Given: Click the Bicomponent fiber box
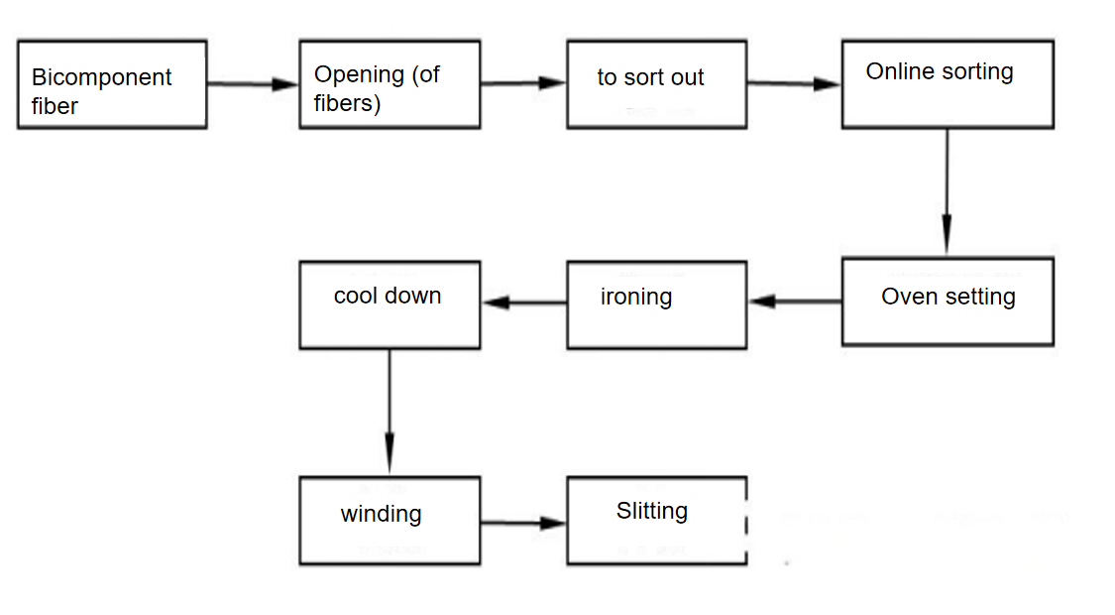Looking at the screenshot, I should (x=112, y=84).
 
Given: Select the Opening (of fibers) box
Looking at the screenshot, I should (x=390, y=84).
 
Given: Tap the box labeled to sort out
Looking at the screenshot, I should (x=656, y=84).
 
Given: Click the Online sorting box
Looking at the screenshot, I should (x=947, y=84).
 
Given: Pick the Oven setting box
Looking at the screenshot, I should (x=947, y=302).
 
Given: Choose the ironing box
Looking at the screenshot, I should (x=656, y=305).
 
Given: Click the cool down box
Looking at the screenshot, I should (x=390, y=305).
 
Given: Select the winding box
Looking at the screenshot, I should (x=390, y=521).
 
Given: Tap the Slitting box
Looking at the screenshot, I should (x=656, y=521).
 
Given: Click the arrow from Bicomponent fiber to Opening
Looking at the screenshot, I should (x=253, y=84).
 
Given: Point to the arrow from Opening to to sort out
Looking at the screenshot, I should (x=523, y=83).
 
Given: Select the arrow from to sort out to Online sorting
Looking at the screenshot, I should (x=793, y=84).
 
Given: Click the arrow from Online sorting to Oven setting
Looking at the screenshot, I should (x=947, y=192).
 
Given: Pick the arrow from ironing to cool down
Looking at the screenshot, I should (x=523, y=302).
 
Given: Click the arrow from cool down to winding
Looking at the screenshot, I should (x=390, y=413).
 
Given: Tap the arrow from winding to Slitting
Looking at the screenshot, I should (x=523, y=523).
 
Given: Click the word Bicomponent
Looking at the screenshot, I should (x=101, y=77).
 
